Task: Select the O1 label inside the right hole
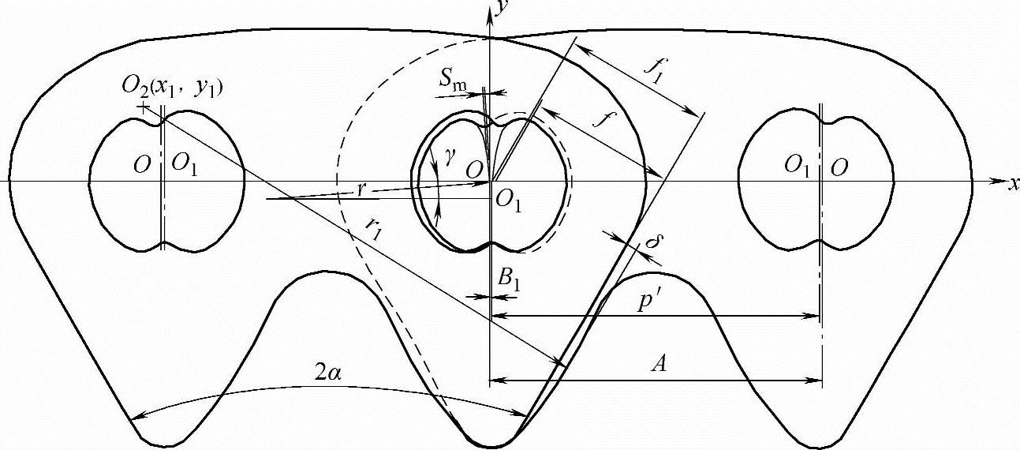click(797, 166)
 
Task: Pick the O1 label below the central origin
click(509, 201)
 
